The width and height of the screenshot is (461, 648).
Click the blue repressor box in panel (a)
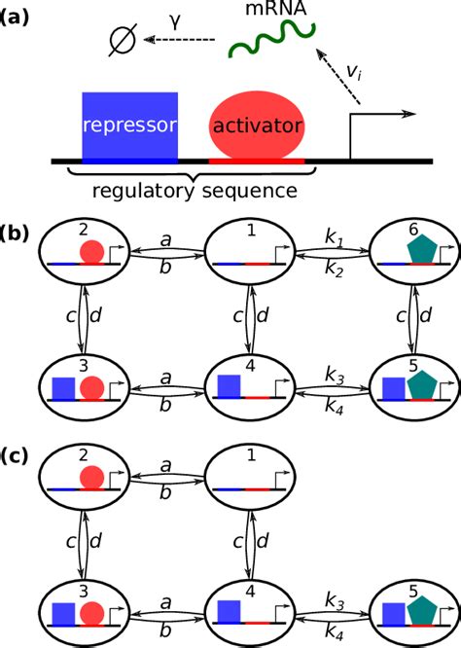click(x=129, y=125)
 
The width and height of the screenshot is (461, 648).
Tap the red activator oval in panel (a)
click(x=257, y=126)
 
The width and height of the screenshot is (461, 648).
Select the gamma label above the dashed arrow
click(x=175, y=18)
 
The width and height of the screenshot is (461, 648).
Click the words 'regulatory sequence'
click(x=193, y=190)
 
